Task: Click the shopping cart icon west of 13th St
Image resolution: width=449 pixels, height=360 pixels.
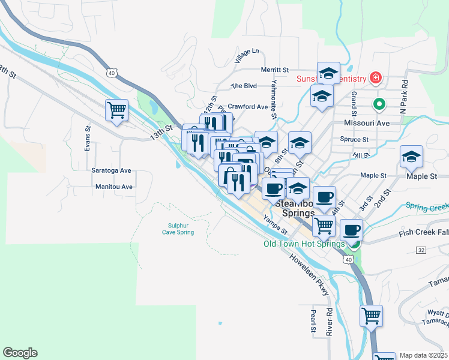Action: pos(116,110)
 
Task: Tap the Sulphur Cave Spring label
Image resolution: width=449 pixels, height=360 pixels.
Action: pos(178,229)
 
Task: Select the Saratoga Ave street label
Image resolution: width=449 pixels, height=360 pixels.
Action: pos(111,170)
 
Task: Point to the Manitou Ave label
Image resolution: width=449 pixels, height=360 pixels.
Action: pos(114,187)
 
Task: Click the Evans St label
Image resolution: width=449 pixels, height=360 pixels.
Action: pos(88,139)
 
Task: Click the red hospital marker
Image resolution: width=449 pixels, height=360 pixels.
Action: pos(375,78)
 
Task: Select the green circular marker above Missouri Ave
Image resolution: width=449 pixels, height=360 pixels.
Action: pos(379,104)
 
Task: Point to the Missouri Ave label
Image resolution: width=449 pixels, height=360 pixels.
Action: pos(367,123)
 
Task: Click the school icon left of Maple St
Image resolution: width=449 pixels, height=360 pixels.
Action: pos(411,157)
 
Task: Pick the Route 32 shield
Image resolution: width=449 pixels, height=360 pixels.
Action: pos(421,249)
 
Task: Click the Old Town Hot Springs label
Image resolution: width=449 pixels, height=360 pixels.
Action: pos(304,244)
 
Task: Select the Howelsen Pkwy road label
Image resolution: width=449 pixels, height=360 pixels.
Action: pos(309,274)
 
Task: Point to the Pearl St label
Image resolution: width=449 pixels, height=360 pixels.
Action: pos(313,322)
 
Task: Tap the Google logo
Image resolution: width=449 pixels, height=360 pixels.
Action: pos(20,353)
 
